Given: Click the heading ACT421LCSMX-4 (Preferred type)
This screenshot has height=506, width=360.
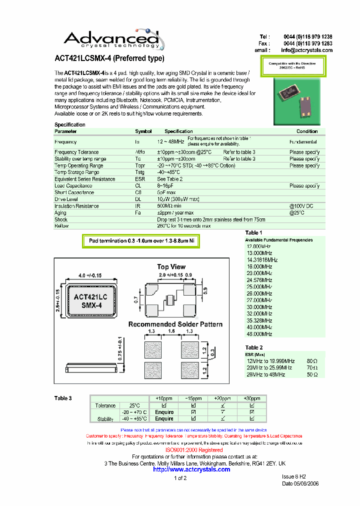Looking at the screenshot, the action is click(x=109, y=58).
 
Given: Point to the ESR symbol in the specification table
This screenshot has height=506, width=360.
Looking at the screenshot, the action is click(x=139, y=179).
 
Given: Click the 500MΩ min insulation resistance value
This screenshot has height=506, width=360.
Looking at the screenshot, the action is click(x=169, y=206).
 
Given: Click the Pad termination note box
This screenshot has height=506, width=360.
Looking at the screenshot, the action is click(x=141, y=241).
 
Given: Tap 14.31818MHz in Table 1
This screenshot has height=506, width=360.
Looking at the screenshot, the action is click(x=262, y=260).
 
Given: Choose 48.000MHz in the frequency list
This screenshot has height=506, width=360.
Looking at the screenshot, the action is click(x=259, y=334).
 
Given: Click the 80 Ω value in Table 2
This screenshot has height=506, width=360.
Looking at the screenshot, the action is click(x=312, y=361).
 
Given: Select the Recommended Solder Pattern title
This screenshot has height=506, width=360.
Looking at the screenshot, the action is click(x=175, y=324).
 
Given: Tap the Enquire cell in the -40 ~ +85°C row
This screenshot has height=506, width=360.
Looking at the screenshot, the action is click(x=164, y=419).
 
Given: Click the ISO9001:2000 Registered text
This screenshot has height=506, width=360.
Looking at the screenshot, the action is click(x=194, y=450).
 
